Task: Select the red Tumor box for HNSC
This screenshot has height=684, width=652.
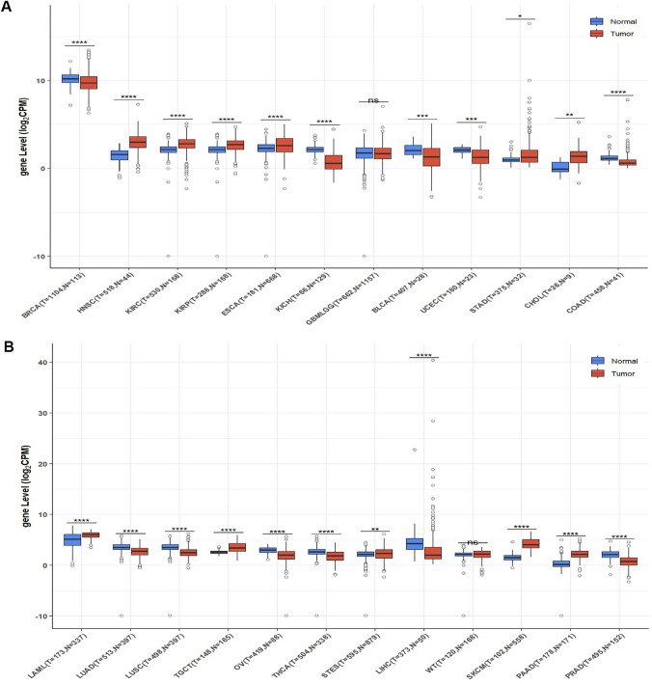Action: (x=137, y=142)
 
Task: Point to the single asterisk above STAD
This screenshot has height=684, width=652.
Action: (x=520, y=16)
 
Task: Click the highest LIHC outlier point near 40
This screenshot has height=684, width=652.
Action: (x=433, y=360)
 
